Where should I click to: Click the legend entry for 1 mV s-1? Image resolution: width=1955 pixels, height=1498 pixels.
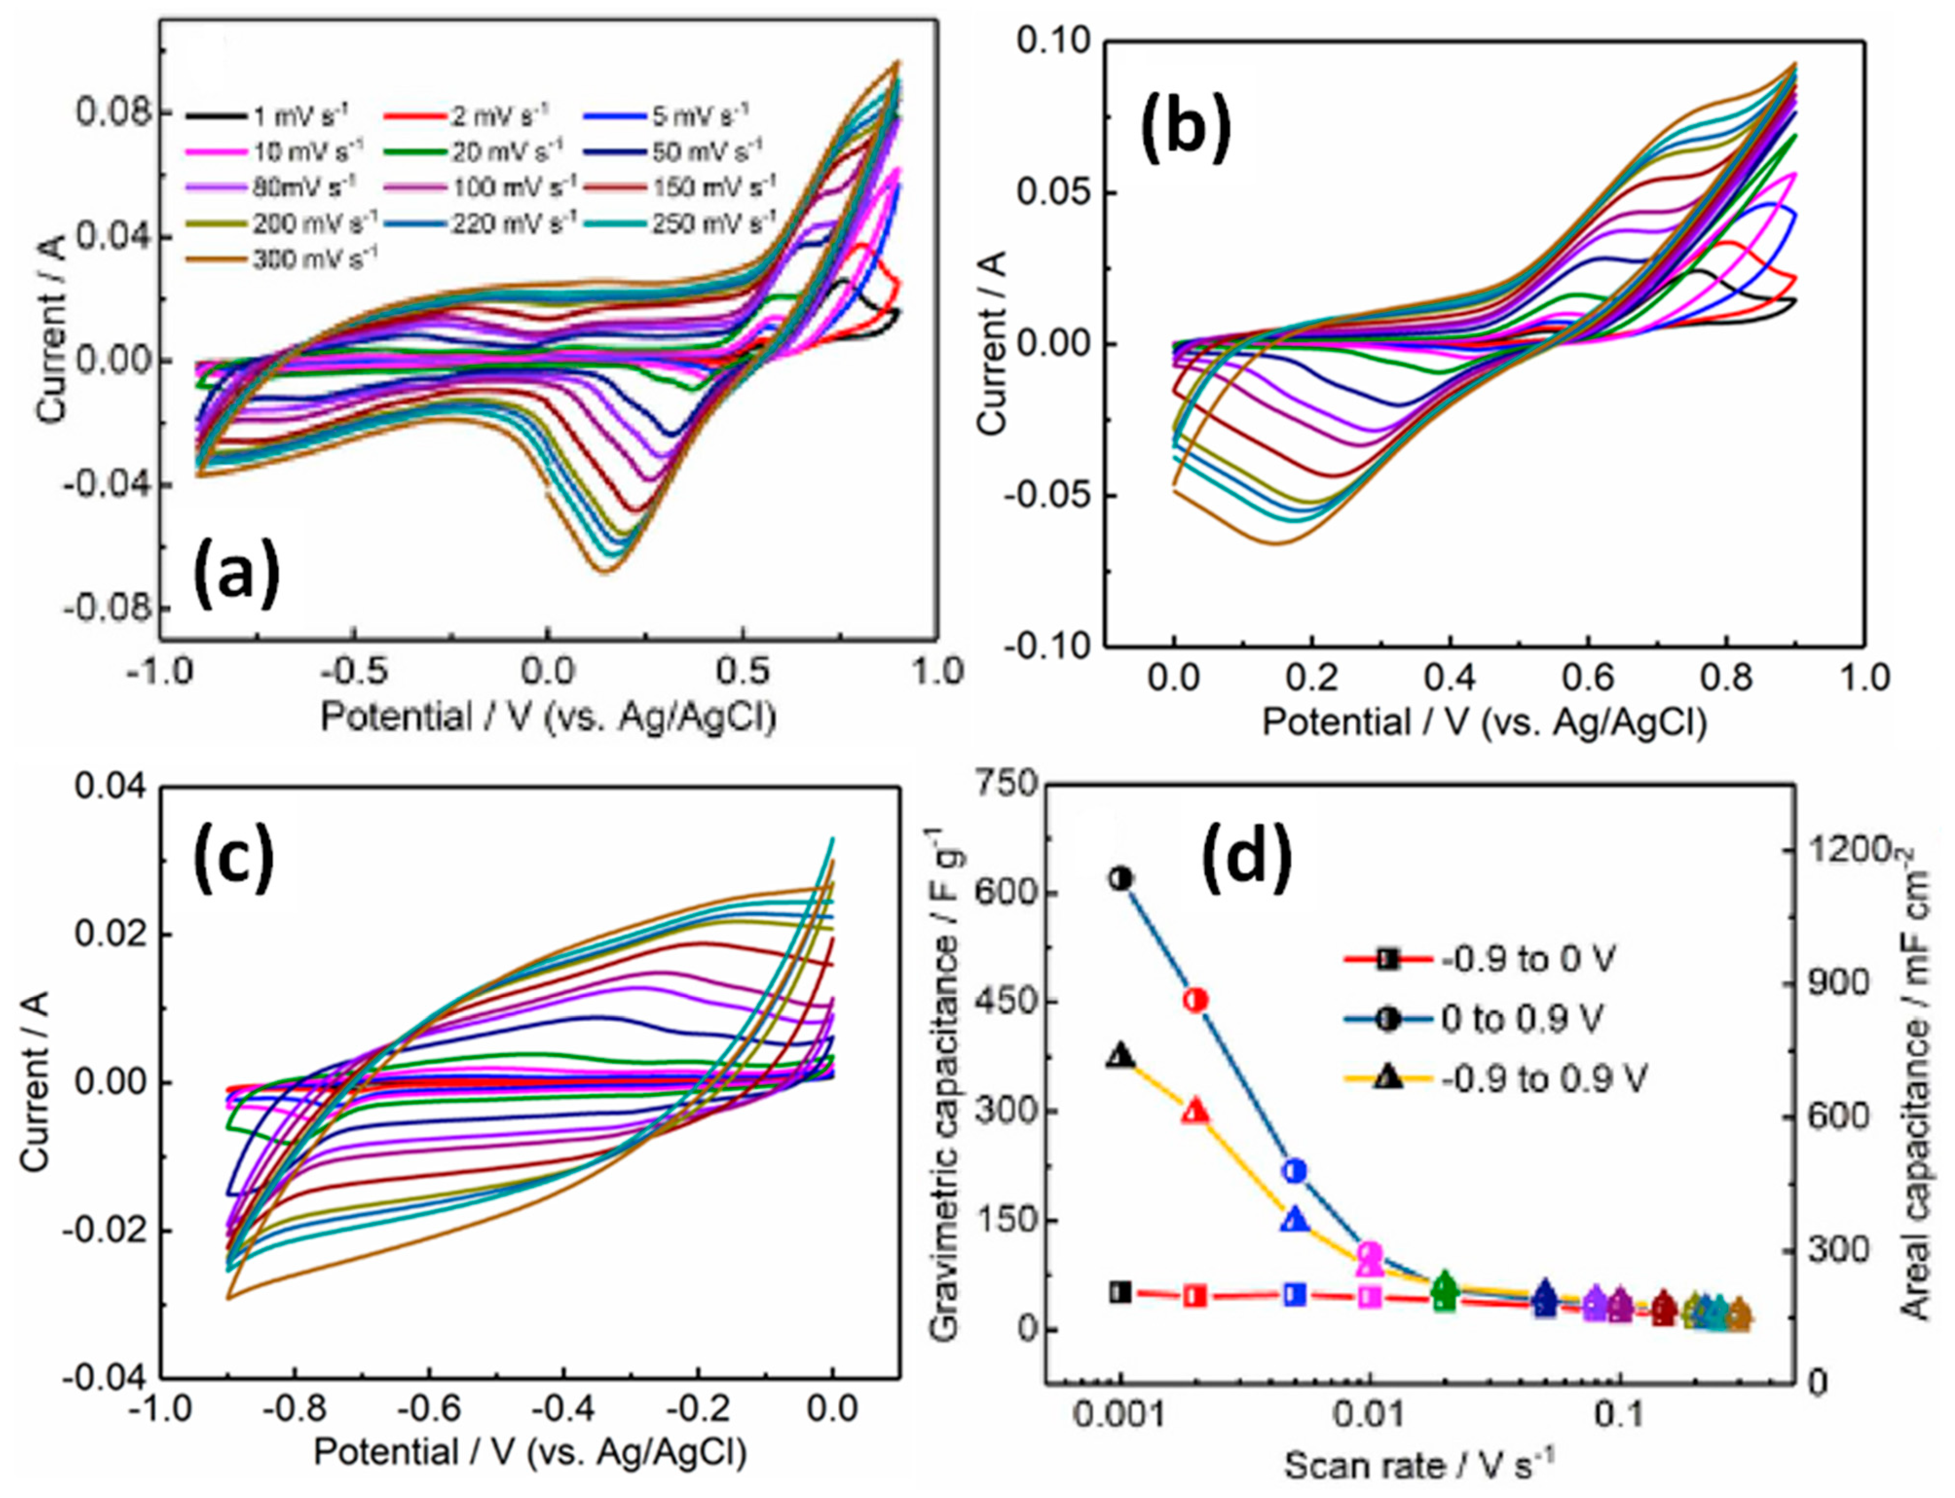click(x=267, y=115)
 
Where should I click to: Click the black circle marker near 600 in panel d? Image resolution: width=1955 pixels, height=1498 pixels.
click(x=1121, y=878)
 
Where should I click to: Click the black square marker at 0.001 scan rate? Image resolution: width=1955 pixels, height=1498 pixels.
click(x=1121, y=1292)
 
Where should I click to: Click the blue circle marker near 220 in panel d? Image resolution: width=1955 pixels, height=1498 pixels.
click(x=1296, y=1171)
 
